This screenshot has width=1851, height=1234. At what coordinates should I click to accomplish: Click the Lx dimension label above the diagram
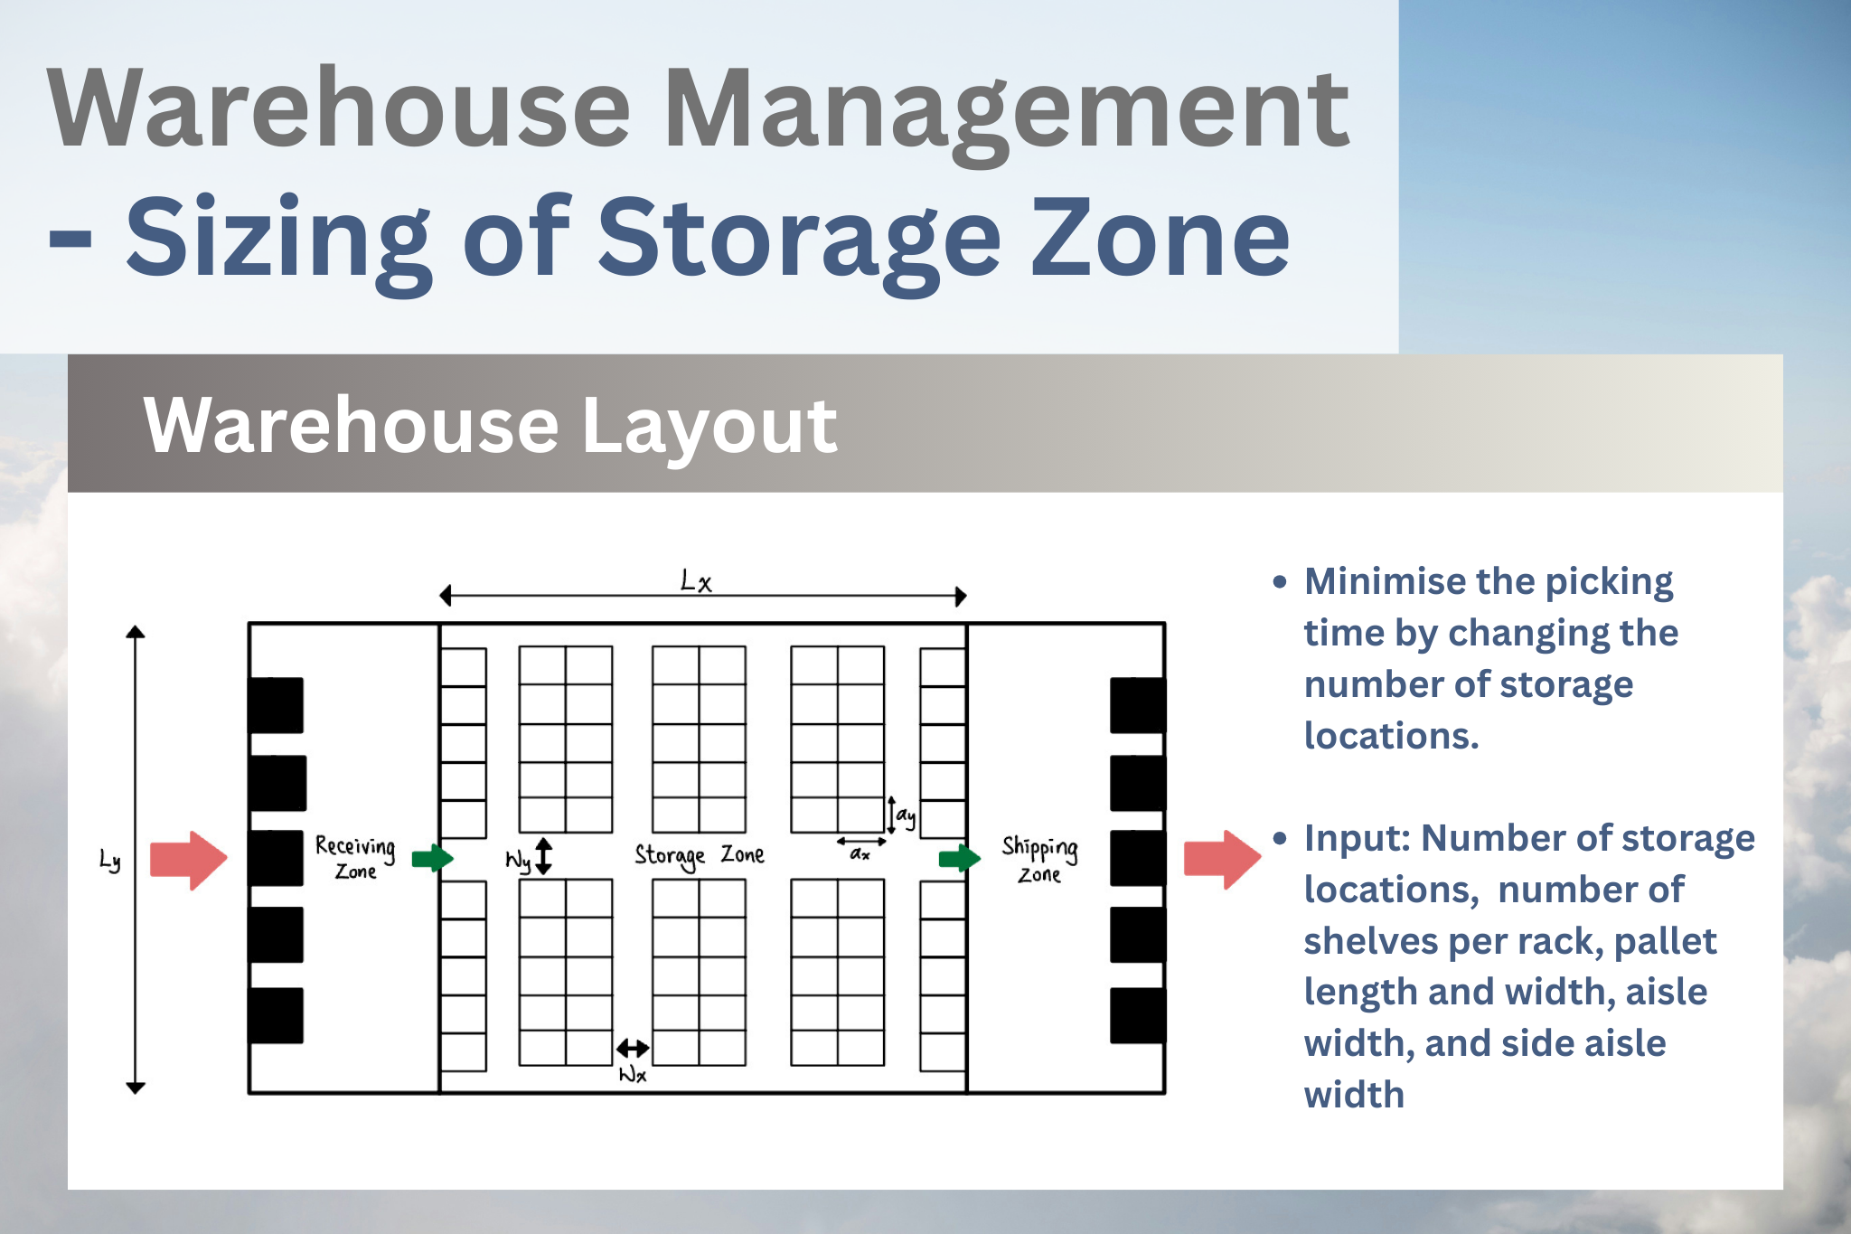[696, 580]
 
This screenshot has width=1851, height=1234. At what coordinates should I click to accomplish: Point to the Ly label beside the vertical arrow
[109, 861]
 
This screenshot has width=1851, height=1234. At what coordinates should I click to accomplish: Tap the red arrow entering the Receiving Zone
[188, 860]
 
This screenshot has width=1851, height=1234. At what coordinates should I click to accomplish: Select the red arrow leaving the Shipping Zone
[1222, 860]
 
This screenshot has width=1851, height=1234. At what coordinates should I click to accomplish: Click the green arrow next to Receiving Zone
[432, 858]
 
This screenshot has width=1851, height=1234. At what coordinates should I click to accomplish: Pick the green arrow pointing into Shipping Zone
[959, 858]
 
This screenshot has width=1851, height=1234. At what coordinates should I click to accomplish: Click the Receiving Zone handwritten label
[355, 858]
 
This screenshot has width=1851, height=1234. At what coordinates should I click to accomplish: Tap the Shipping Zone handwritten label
[1039, 860]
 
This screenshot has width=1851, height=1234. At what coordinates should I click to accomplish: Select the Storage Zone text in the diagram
[700, 855]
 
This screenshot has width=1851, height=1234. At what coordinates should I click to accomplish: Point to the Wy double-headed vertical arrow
[543, 856]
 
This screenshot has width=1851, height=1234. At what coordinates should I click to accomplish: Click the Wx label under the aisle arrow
[633, 1075]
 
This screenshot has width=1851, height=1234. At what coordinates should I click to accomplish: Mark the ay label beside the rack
[906, 816]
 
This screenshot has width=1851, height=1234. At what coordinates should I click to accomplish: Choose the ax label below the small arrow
[860, 853]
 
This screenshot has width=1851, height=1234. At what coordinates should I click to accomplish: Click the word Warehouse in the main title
[340, 109]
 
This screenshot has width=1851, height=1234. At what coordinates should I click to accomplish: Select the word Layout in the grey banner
[709, 427]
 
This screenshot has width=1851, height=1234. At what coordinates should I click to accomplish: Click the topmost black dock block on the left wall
[276, 705]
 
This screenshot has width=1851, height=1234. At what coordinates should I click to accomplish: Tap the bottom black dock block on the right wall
[1138, 1015]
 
